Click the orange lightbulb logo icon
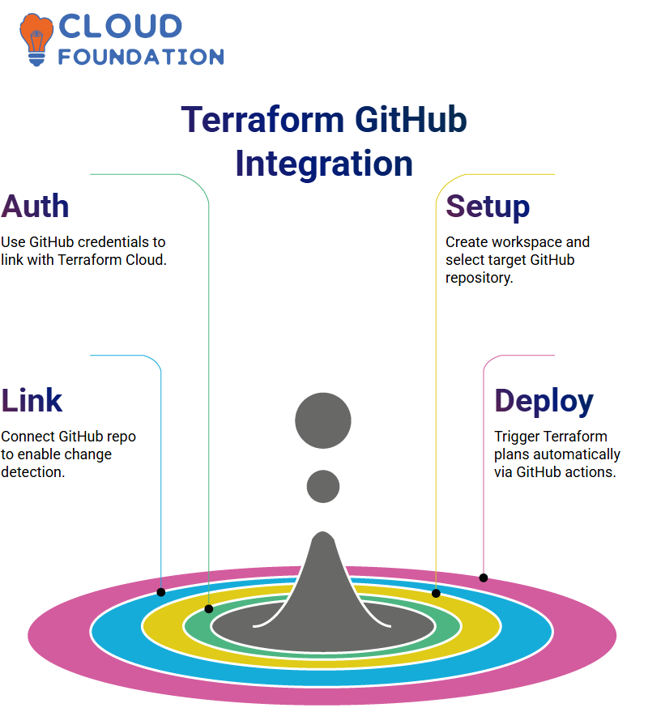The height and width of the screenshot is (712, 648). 36,39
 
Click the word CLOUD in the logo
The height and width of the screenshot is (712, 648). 121,26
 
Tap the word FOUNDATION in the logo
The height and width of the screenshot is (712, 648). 141,57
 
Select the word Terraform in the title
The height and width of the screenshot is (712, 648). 262,119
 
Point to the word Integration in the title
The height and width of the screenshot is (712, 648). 324,164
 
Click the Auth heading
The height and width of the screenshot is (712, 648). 35,207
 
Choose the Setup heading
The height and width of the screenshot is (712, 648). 488,207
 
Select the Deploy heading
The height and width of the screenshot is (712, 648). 544,402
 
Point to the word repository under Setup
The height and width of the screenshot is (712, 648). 479,278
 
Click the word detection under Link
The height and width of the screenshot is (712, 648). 32,471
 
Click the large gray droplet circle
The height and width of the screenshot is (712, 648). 323,420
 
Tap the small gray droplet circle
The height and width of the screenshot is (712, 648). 323,486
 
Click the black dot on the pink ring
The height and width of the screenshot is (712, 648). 484,578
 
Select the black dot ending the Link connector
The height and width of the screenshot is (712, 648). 160,592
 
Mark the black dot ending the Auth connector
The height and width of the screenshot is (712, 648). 209,609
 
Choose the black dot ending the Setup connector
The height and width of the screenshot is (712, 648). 436,594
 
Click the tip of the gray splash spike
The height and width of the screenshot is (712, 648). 323,532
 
